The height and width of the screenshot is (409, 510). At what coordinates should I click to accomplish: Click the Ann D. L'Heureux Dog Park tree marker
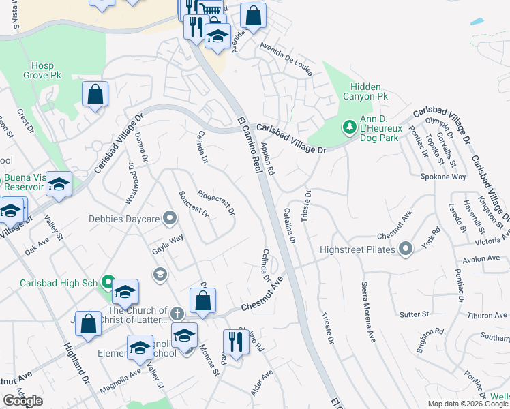349,126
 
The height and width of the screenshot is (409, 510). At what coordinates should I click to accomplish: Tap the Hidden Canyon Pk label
369,92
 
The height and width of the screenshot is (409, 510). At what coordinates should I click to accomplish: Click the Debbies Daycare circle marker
170,219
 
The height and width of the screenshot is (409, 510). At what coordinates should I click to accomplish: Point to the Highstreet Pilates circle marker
406,249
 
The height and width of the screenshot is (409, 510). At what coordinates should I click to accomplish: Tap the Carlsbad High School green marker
107,282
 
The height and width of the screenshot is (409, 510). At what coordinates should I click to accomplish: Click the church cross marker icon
177,314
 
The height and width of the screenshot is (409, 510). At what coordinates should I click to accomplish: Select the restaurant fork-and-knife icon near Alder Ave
235,341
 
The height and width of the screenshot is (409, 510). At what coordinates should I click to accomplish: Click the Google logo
23,401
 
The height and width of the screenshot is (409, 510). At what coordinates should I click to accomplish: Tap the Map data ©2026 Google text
468,404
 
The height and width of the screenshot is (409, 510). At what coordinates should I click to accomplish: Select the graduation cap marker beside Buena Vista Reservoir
59,184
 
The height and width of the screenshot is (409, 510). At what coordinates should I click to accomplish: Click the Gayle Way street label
168,245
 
